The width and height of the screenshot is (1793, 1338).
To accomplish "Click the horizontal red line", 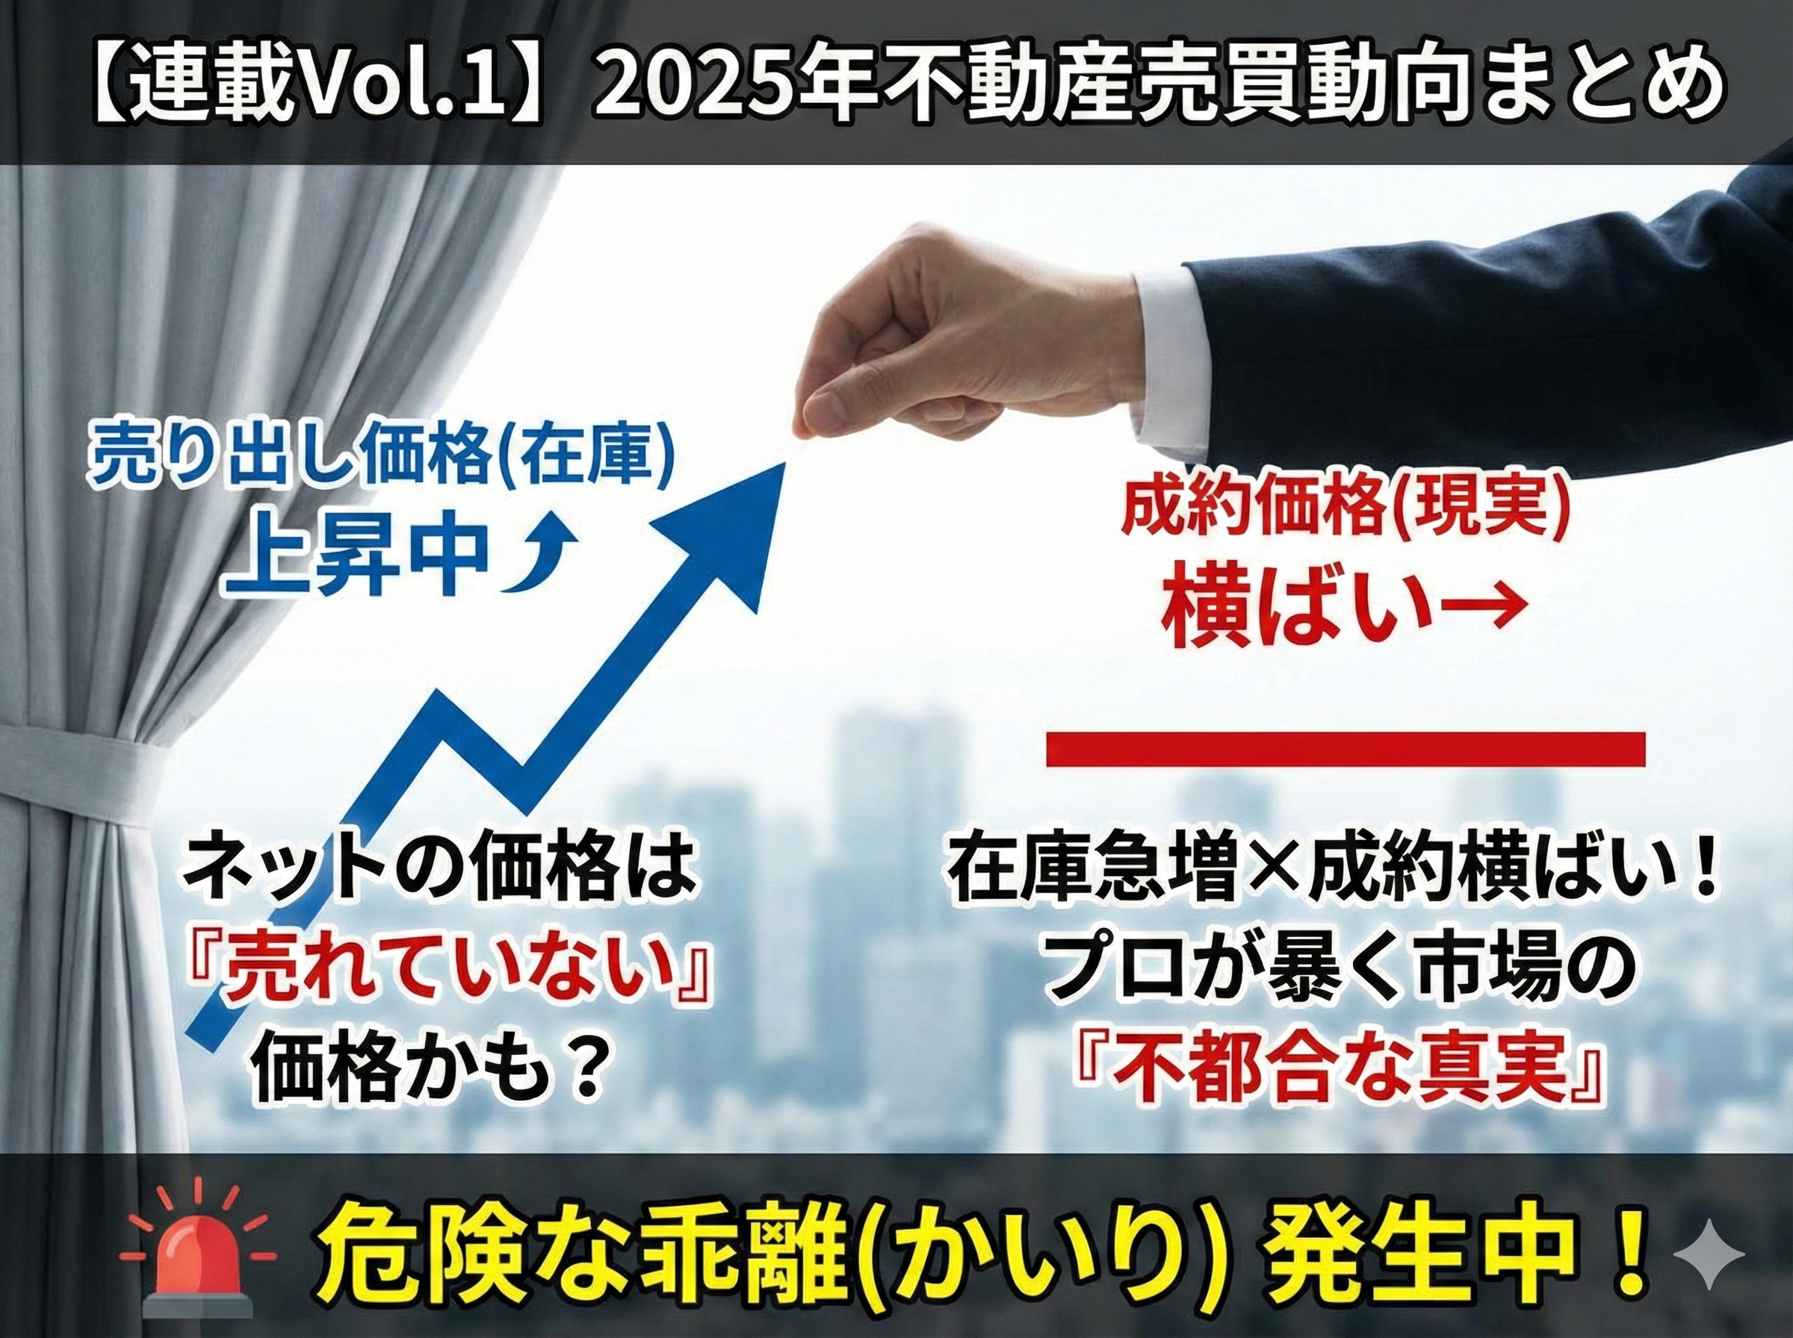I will coord(1345,749).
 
